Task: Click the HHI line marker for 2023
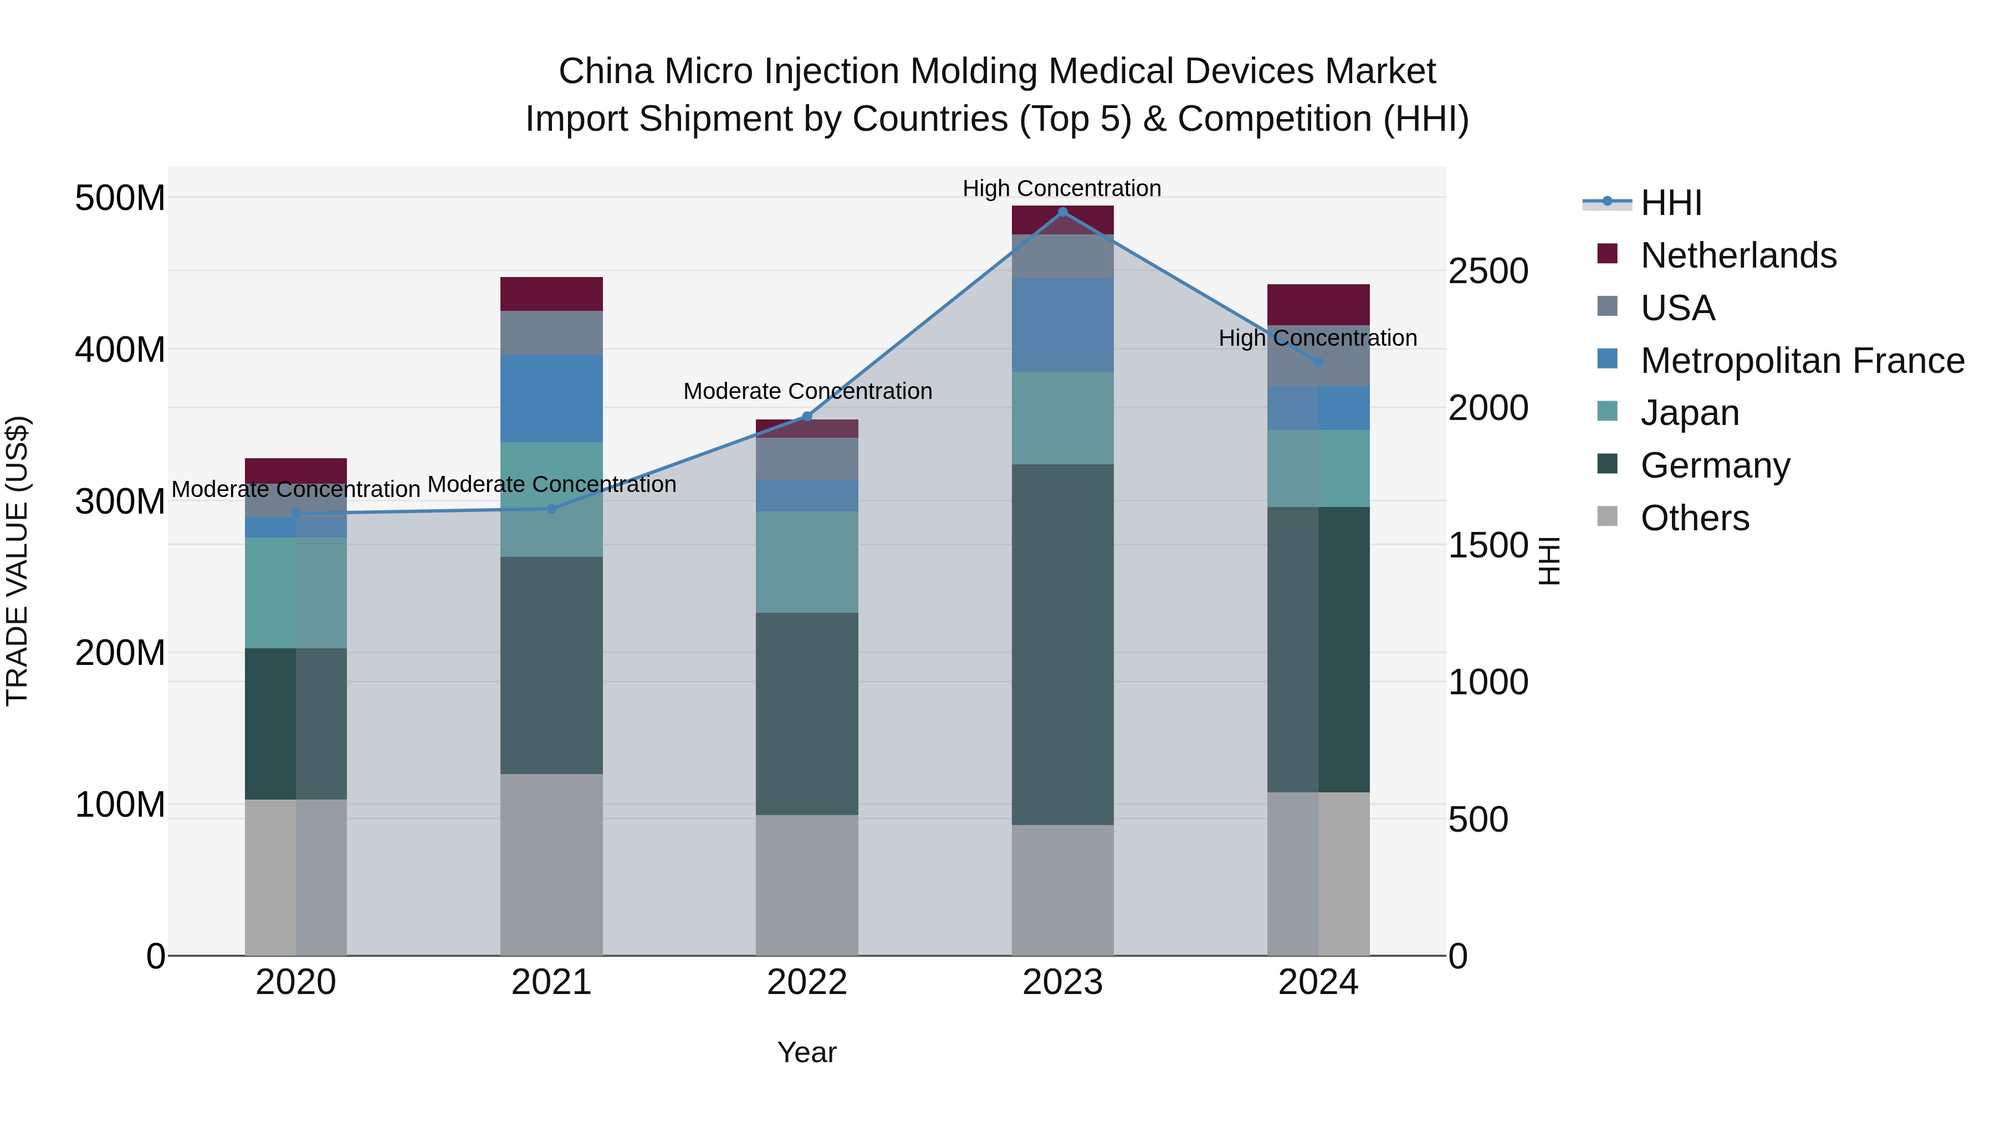coord(1062,212)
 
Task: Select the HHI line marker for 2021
coord(551,509)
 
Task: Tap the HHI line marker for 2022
coord(807,417)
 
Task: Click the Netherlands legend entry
coord(1738,255)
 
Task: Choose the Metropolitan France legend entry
coord(1802,361)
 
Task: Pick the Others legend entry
coord(1695,518)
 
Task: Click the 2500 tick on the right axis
coord(1488,272)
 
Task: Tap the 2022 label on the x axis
coord(807,982)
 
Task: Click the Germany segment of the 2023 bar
coord(1062,644)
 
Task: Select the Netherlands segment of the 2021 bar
coord(551,294)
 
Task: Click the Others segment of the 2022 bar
coord(807,884)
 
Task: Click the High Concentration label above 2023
coord(1062,188)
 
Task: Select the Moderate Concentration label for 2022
coord(807,391)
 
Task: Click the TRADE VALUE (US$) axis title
coord(17,561)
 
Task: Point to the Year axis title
coord(807,1052)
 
